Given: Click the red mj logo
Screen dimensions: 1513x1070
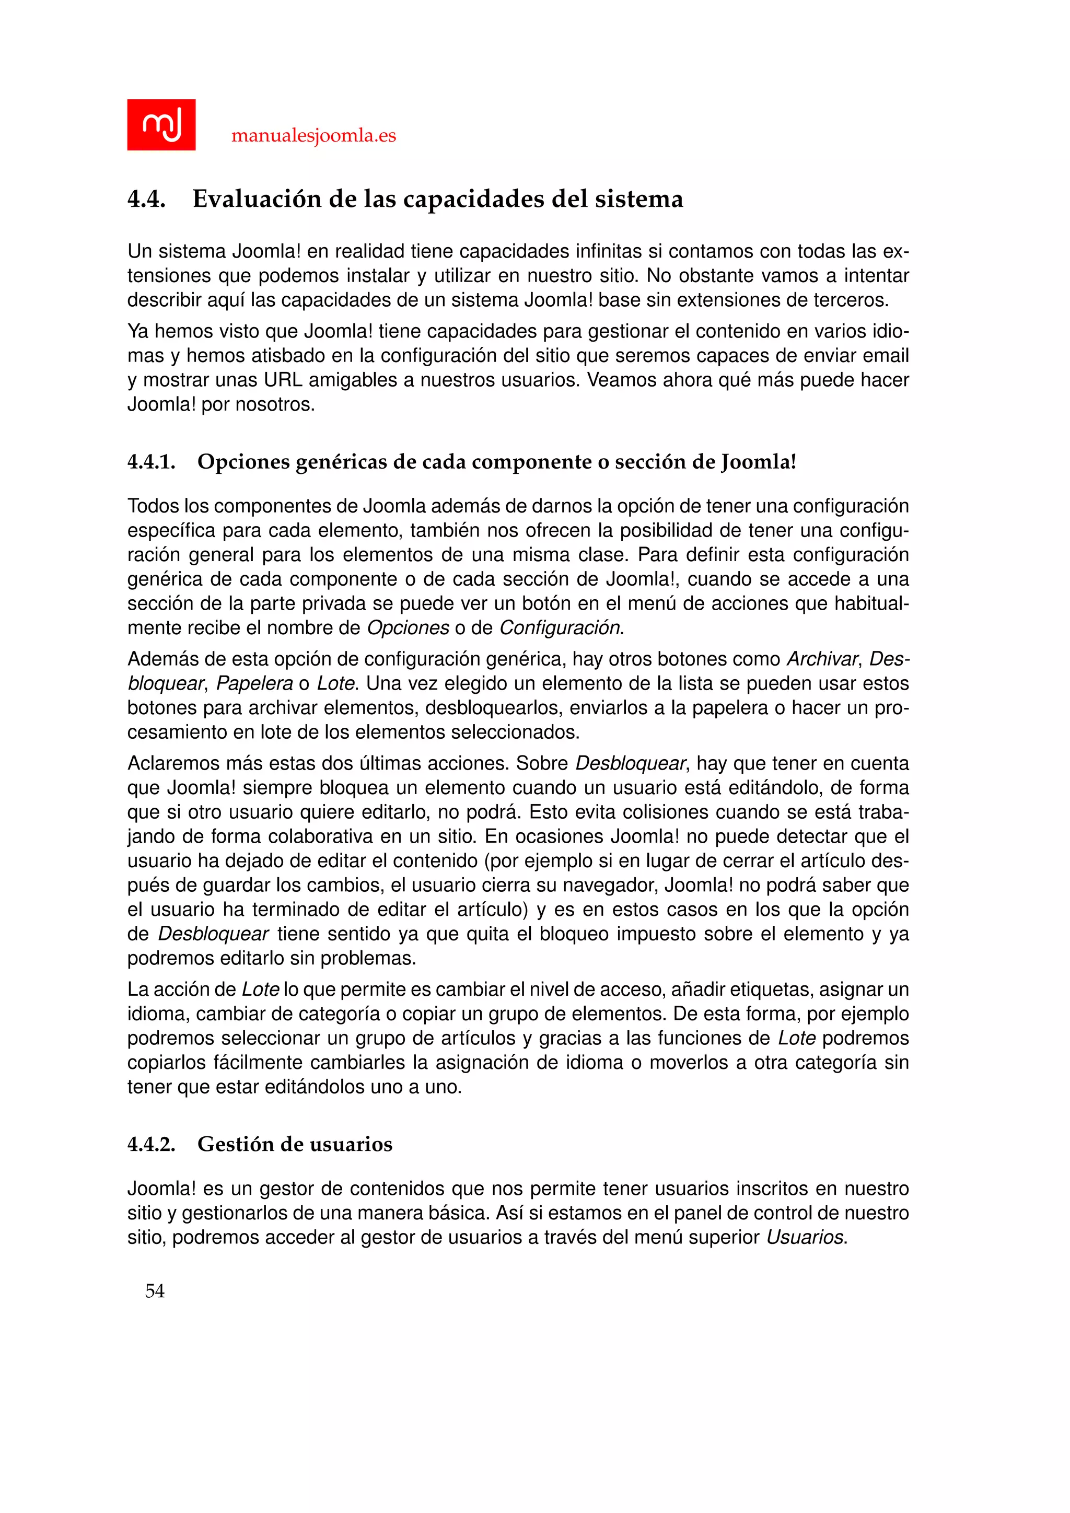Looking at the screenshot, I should [161, 124].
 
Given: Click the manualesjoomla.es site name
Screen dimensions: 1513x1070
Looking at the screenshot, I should [313, 136].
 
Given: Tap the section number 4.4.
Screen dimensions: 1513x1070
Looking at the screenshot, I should [146, 199].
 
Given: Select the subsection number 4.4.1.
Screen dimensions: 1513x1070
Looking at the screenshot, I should [151, 461].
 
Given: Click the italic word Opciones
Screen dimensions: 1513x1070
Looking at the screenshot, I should [408, 628].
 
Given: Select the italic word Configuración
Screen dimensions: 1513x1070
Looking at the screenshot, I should [560, 628].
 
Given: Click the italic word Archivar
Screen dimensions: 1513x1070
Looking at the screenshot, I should [823, 659].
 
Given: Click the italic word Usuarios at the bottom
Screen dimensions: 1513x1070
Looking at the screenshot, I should [805, 1237].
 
